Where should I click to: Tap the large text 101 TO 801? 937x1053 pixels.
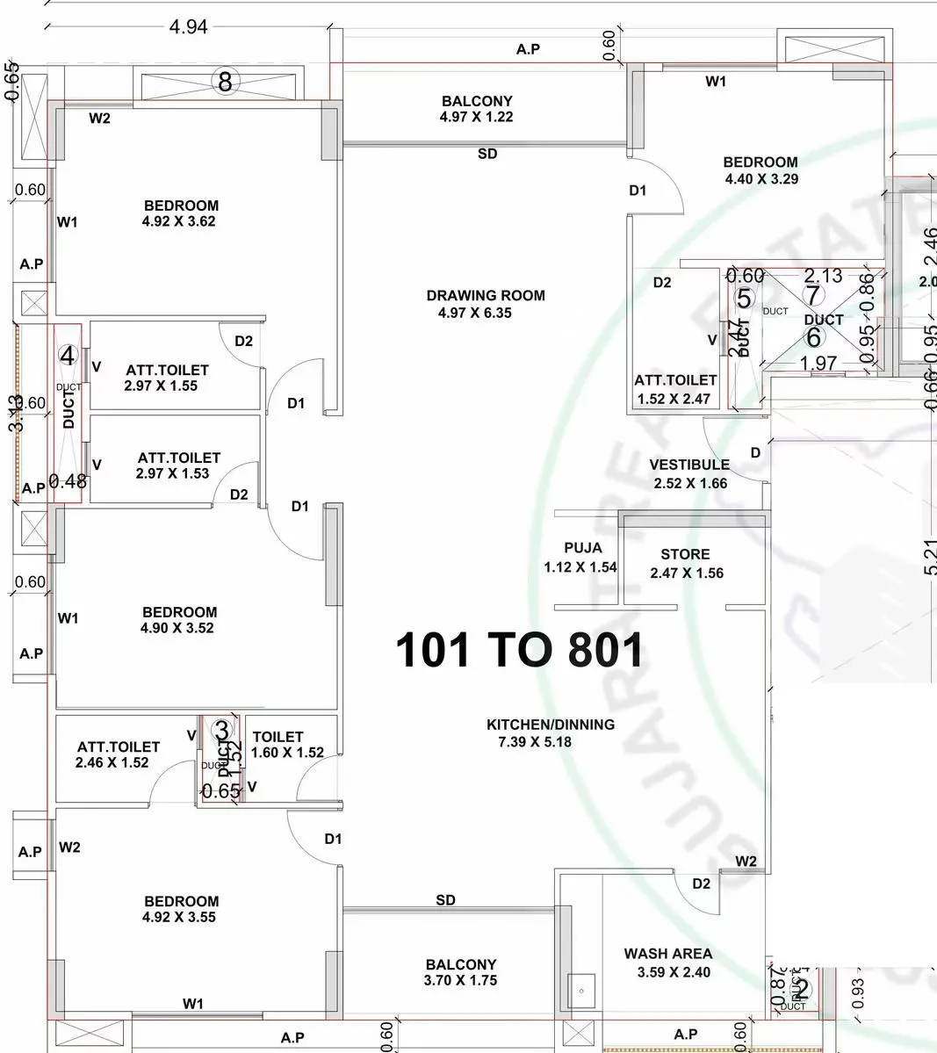[x=520, y=651]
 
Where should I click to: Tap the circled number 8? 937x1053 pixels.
[x=226, y=83]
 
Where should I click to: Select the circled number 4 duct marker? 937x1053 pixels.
[x=68, y=356]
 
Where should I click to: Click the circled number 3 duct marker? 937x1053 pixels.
[x=222, y=730]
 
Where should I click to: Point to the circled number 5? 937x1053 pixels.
[x=744, y=299]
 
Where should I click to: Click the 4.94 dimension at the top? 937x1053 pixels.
[x=188, y=27]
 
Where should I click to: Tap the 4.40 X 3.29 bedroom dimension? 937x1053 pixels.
[x=760, y=179]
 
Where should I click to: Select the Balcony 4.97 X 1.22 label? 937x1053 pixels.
[x=477, y=109]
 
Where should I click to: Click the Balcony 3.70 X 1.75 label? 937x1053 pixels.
[x=461, y=972]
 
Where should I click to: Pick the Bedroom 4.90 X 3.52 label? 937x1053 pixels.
[x=179, y=620]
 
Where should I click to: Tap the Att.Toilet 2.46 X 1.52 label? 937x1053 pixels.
[x=119, y=754]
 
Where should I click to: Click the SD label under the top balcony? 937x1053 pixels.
[x=487, y=155]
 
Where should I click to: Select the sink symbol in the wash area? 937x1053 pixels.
[x=580, y=991]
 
